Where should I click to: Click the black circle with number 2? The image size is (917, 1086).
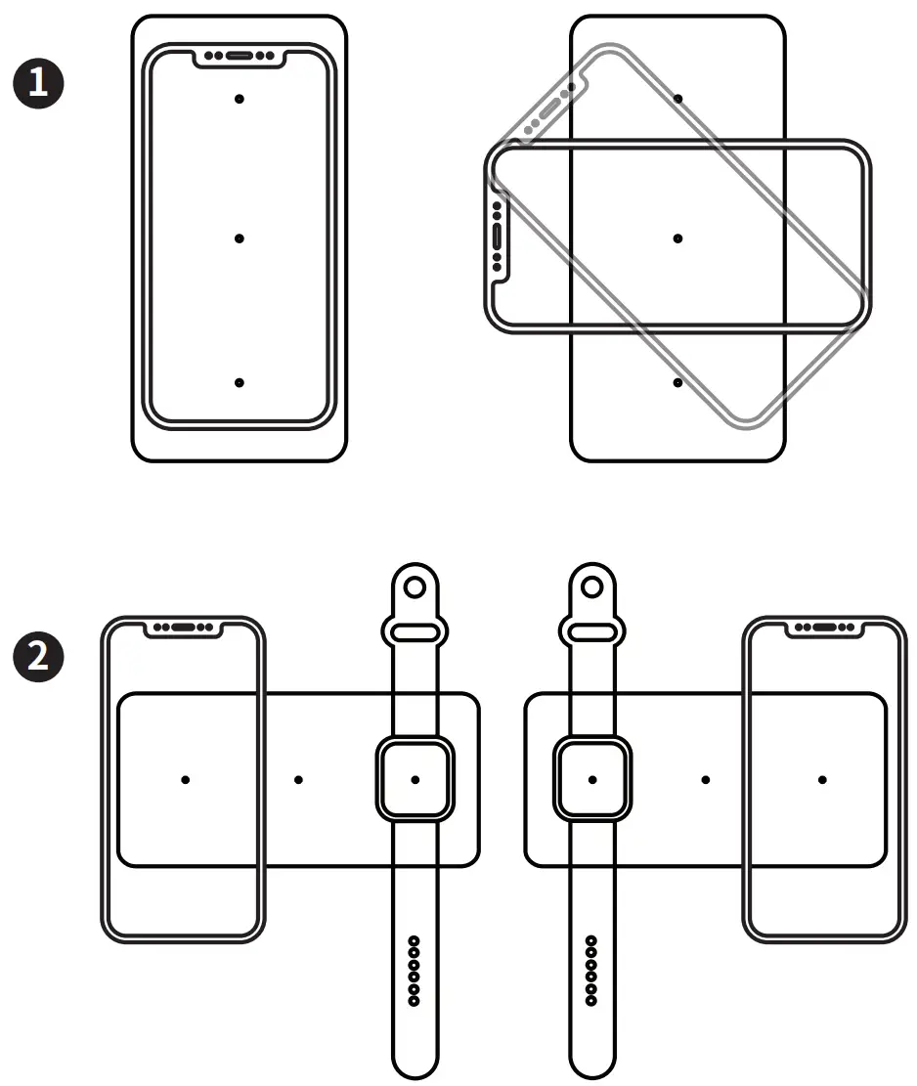39,654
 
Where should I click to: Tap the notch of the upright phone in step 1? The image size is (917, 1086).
240,56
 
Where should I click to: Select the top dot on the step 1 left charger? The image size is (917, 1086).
240,99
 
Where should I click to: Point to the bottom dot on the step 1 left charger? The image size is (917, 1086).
240,382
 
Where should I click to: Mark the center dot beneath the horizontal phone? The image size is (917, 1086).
677,239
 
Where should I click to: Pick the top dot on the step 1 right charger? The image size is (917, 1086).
677,99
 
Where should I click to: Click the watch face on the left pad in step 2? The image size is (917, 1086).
415,779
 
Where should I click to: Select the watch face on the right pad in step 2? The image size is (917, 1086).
592,779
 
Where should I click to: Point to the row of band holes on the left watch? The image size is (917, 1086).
415,971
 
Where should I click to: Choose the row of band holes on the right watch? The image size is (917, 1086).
591,971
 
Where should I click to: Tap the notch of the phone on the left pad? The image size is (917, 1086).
184,628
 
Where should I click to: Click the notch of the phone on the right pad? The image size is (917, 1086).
824,628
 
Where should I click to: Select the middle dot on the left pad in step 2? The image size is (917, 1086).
298,779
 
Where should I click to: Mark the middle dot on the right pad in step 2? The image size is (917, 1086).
706,779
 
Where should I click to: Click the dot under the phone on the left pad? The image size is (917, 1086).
185,779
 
